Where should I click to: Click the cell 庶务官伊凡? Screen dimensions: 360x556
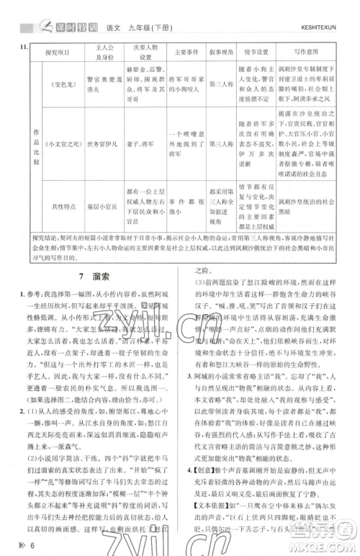tap(101, 163)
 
